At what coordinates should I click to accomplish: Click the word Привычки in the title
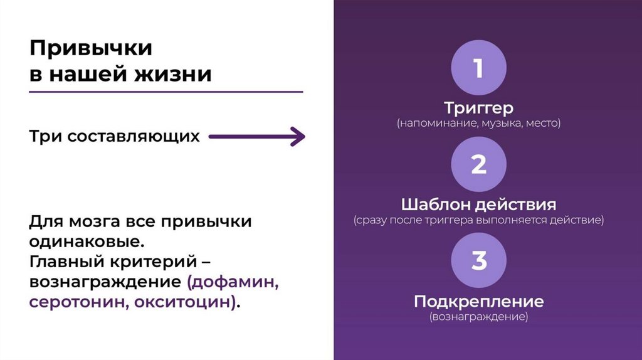pos(91,48)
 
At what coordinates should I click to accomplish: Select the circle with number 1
pos(478,68)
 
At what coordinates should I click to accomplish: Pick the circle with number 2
pos(478,164)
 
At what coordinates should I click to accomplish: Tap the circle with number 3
pos(478,260)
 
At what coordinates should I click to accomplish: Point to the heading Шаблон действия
pos(478,204)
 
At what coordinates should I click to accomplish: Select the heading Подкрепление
pos(478,301)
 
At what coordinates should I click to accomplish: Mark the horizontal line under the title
pos(166,92)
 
